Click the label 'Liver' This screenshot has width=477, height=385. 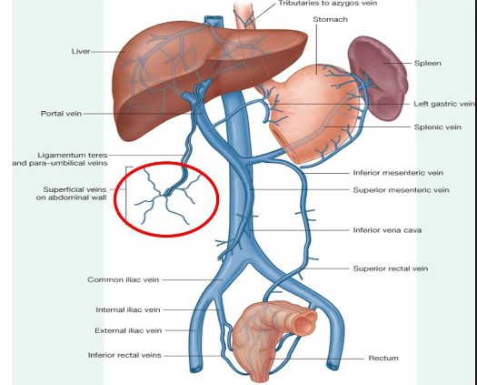(x=81, y=51)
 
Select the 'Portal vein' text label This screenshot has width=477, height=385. (x=61, y=114)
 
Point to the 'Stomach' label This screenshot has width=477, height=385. (x=330, y=19)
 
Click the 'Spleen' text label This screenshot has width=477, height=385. (x=427, y=63)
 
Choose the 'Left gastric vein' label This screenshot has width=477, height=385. (x=444, y=104)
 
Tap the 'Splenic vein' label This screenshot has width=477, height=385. (x=437, y=127)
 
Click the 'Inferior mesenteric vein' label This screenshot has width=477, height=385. (x=398, y=173)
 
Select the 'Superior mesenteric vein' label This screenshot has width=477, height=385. (x=401, y=190)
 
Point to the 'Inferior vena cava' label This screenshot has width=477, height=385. (x=387, y=230)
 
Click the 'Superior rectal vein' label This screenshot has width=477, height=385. (x=391, y=268)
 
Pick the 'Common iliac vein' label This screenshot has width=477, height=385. (x=124, y=279)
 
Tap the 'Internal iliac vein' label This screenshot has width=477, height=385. (x=128, y=310)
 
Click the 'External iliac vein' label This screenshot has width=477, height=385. (x=128, y=330)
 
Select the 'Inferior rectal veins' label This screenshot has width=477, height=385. (x=124, y=356)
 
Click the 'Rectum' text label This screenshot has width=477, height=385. (x=383, y=359)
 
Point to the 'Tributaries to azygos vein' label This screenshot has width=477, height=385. (x=328, y=4)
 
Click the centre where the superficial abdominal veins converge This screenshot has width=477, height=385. (x=165, y=194)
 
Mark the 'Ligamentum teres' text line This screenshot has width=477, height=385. (x=73, y=155)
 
